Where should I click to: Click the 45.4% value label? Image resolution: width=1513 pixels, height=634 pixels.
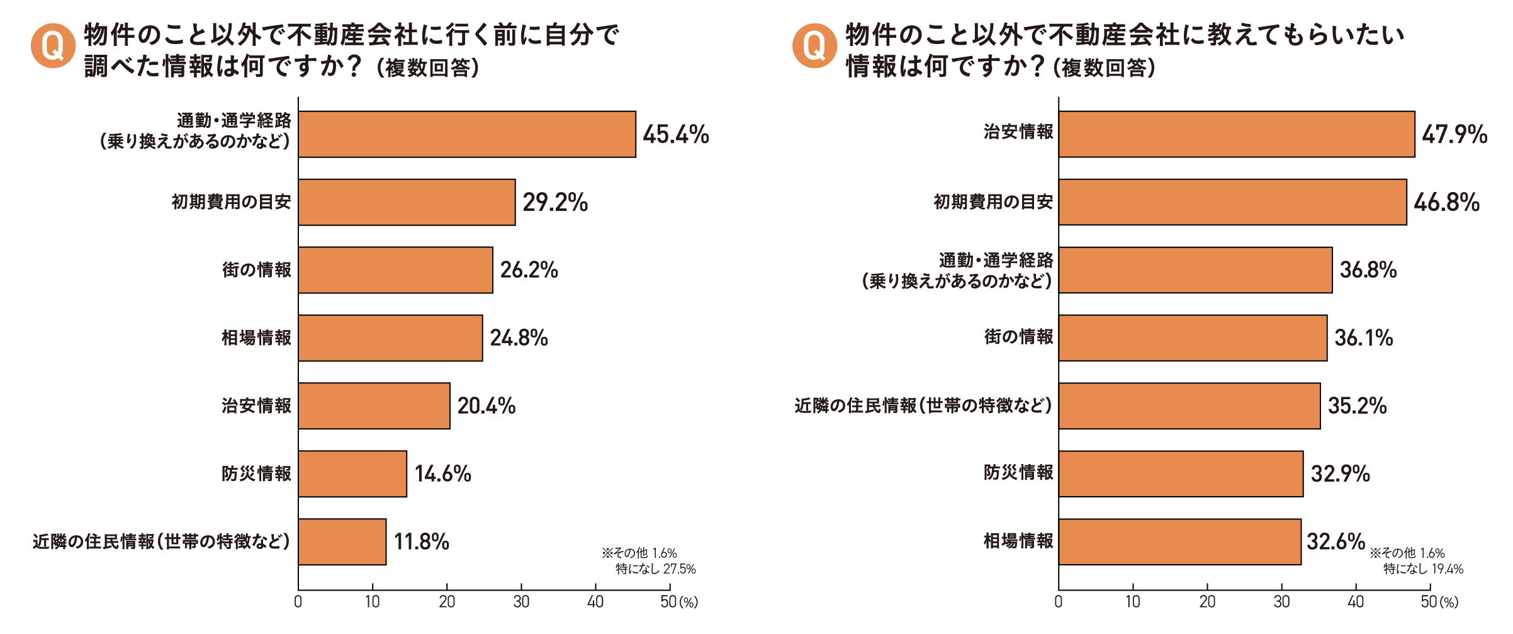675,135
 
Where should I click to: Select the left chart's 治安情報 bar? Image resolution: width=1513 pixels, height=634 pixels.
374,406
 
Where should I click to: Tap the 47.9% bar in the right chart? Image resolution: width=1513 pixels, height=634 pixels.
1236,134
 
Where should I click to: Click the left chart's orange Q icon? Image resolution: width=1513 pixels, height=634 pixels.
53,45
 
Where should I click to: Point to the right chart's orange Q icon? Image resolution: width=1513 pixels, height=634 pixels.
814,45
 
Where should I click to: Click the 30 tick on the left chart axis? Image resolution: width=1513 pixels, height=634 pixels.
521,602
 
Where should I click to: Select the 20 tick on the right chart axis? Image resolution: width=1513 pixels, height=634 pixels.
1207,602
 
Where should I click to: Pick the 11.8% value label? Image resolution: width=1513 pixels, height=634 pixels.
421,541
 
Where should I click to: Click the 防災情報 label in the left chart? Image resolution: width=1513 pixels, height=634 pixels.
256,473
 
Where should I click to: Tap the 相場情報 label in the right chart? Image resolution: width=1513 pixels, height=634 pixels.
1018,541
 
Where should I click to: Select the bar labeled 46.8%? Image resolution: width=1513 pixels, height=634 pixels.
1232,202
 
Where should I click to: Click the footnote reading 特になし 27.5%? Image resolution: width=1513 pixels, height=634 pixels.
655,569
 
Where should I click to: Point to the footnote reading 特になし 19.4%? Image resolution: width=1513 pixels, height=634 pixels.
1423,569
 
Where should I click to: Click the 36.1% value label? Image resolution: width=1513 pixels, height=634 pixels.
1363,338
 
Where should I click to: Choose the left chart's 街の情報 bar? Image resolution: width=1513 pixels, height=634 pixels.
395,270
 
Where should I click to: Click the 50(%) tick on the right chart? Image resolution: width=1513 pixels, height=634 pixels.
1439,602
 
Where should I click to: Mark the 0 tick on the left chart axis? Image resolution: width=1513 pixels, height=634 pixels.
298,602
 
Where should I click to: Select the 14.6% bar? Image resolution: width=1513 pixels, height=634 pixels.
352,474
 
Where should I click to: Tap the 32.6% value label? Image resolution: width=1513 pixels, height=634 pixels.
1336,541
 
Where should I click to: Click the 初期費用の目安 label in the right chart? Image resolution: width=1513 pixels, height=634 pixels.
993,202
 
